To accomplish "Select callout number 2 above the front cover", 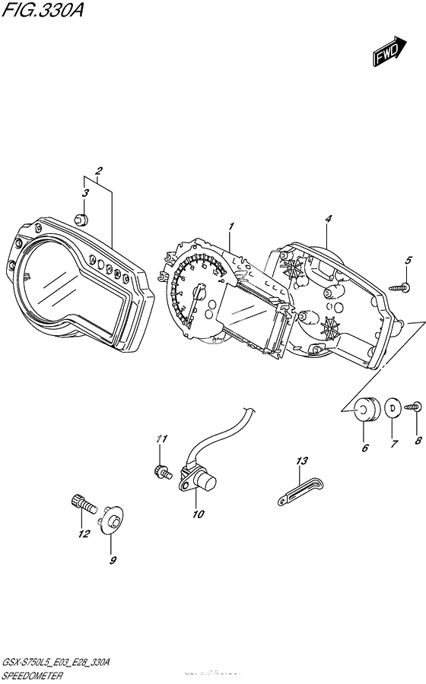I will pyautogui.click(x=99, y=170).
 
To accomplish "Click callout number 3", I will pyautogui.click(x=85, y=193).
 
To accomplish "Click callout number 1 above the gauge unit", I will pyautogui.click(x=231, y=226).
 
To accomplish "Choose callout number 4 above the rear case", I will pyautogui.click(x=328, y=219).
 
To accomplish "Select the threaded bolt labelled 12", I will pyautogui.click(x=81, y=504).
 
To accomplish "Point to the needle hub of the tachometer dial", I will pyautogui.click(x=201, y=291).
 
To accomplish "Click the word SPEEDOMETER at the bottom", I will pyautogui.click(x=37, y=674).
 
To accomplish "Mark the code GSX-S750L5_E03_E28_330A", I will pyautogui.click(x=57, y=663).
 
